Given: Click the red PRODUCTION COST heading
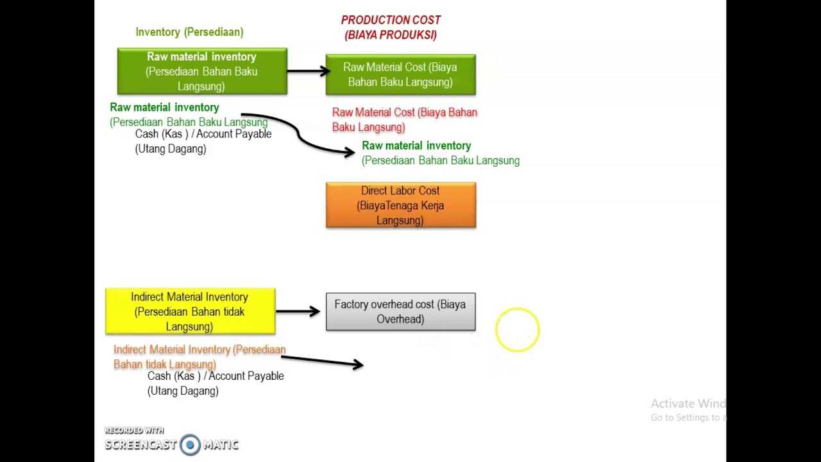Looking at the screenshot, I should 391,21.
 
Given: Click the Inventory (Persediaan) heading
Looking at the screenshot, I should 189,32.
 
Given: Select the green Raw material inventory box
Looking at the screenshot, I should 202,71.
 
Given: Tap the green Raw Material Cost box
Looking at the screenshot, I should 400,74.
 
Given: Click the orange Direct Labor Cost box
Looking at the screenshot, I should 400,205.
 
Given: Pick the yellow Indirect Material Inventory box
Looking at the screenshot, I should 190,312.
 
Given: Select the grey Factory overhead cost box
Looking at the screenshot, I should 400,312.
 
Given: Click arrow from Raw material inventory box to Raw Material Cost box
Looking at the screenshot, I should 308,71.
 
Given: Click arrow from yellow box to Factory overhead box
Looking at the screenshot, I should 298,312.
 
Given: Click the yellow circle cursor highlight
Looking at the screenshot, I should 517,330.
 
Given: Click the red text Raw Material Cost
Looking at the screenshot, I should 404,119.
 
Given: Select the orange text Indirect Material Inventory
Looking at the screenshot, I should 199,356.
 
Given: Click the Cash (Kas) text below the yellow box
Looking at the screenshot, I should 215,383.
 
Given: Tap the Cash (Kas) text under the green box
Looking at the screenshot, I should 203,141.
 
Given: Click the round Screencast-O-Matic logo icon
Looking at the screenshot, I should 190,445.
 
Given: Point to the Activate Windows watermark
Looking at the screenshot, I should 688,409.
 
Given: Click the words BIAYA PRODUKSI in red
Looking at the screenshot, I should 391,35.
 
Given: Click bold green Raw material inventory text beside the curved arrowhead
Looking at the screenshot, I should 416,146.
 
